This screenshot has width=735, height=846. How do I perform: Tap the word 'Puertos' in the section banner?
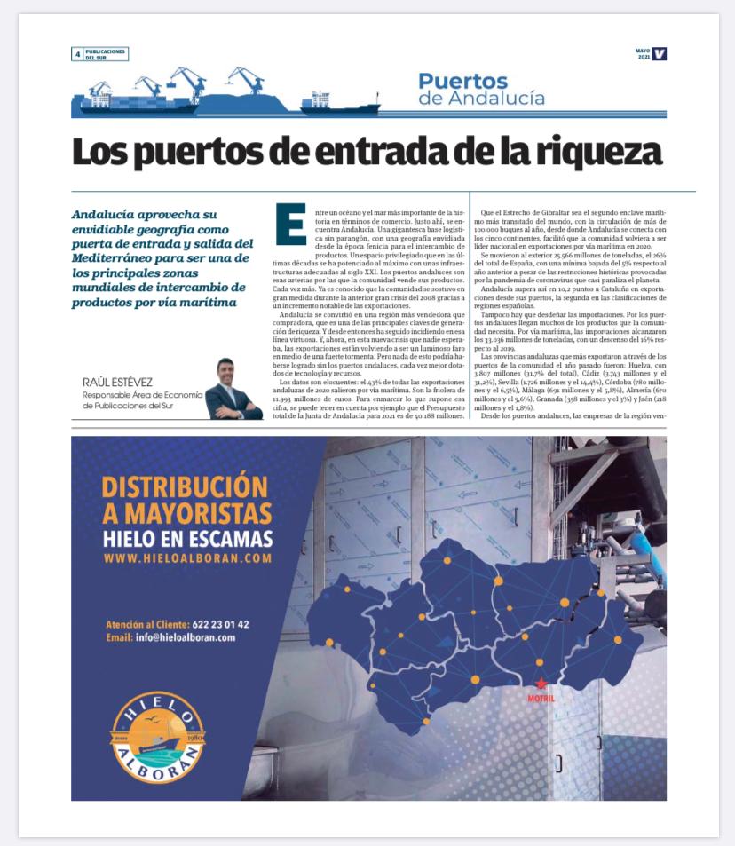point(463,82)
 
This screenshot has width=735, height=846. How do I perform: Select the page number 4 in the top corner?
point(77,54)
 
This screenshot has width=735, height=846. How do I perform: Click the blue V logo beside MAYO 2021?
point(659,54)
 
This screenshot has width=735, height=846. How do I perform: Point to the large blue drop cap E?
point(290,224)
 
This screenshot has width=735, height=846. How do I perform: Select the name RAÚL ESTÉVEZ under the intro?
point(123,383)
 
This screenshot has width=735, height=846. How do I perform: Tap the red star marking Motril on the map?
point(541,683)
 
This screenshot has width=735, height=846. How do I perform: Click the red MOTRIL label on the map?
point(541,699)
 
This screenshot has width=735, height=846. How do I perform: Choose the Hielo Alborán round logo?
point(157,737)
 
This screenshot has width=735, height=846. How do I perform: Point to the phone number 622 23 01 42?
point(220,624)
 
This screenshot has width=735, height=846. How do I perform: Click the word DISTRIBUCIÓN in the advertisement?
point(185,487)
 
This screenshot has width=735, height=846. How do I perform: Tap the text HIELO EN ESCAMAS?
point(187,539)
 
